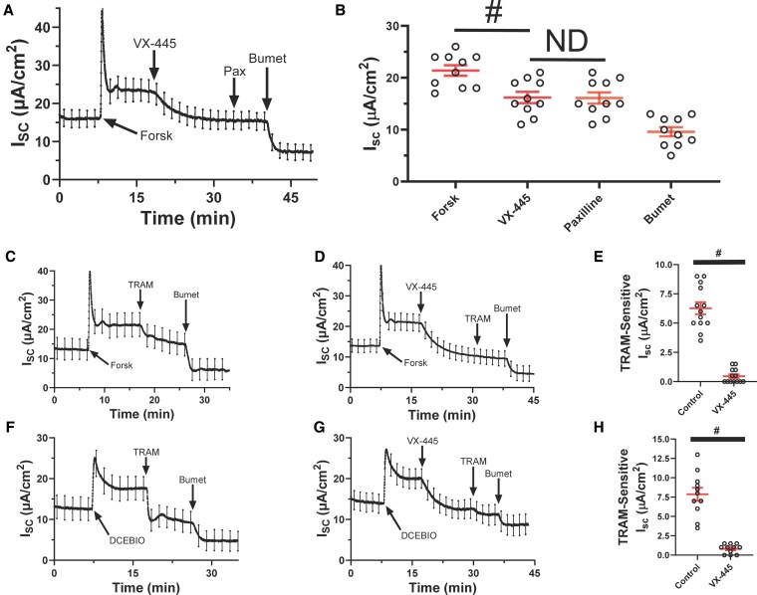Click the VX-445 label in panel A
pyautogui.click(x=153, y=44)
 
